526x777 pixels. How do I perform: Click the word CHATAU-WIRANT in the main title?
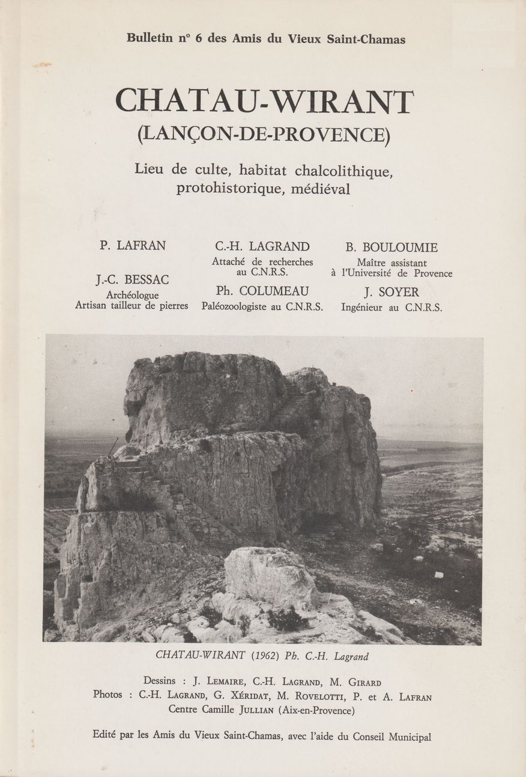(x=264, y=102)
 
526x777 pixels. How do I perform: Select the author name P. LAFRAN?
(x=133, y=245)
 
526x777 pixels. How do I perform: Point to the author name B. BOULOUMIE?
(x=391, y=247)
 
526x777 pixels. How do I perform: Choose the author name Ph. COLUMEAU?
(x=262, y=291)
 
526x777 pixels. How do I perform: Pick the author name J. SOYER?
(x=391, y=293)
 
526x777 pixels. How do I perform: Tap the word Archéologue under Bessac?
(x=132, y=295)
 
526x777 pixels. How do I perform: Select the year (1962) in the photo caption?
(x=253, y=656)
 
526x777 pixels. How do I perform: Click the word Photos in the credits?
(x=112, y=695)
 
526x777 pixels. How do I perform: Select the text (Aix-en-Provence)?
(x=312, y=710)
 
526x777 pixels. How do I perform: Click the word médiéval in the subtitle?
(x=319, y=188)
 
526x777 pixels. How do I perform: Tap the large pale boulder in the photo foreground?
(x=270, y=577)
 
